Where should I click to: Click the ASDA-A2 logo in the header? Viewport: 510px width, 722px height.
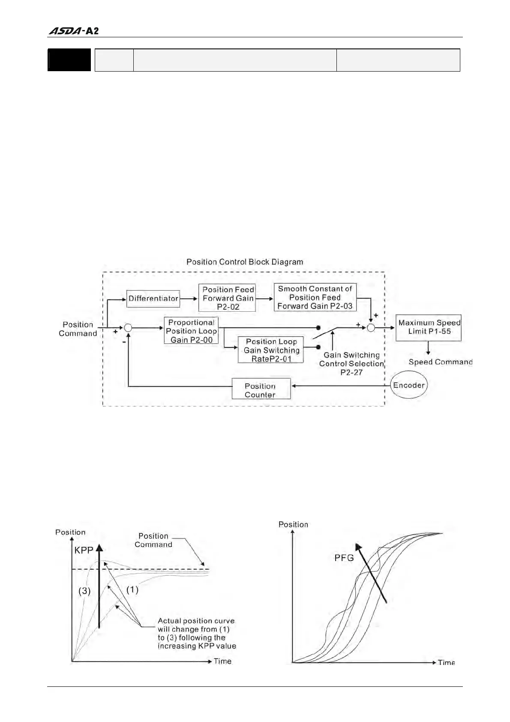click(x=73, y=31)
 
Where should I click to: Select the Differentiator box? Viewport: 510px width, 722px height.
click(x=153, y=298)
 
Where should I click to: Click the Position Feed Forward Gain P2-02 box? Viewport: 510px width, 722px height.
click(x=227, y=298)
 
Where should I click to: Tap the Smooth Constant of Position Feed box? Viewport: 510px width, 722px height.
click(x=315, y=297)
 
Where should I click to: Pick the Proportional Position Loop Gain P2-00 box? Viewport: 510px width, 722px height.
click(x=191, y=331)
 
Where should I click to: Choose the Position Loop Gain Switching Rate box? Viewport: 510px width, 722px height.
click(x=271, y=350)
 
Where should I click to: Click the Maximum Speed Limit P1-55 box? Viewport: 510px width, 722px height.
click(x=429, y=328)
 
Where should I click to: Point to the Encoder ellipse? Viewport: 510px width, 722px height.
click(x=408, y=385)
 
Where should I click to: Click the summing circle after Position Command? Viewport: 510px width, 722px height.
click(x=128, y=328)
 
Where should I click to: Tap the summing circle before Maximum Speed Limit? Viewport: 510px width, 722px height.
click(x=371, y=328)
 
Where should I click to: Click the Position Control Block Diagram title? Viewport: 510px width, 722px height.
click(x=245, y=262)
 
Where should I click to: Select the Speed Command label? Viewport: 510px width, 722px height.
click(x=440, y=362)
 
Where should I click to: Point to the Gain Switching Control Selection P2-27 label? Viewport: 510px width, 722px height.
click(x=351, y=364)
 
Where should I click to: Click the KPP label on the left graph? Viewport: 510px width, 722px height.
click(x=84, y=550)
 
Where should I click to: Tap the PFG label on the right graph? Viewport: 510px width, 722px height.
click(x=344, y=558)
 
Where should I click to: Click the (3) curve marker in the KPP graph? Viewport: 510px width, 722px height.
click(x=84, y=591)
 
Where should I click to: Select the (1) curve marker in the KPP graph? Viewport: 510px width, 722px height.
click(x=132, y=590)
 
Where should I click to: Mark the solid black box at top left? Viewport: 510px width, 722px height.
click(x=69, y=60)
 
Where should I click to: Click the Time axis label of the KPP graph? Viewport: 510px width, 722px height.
click(x=222, y=661)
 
